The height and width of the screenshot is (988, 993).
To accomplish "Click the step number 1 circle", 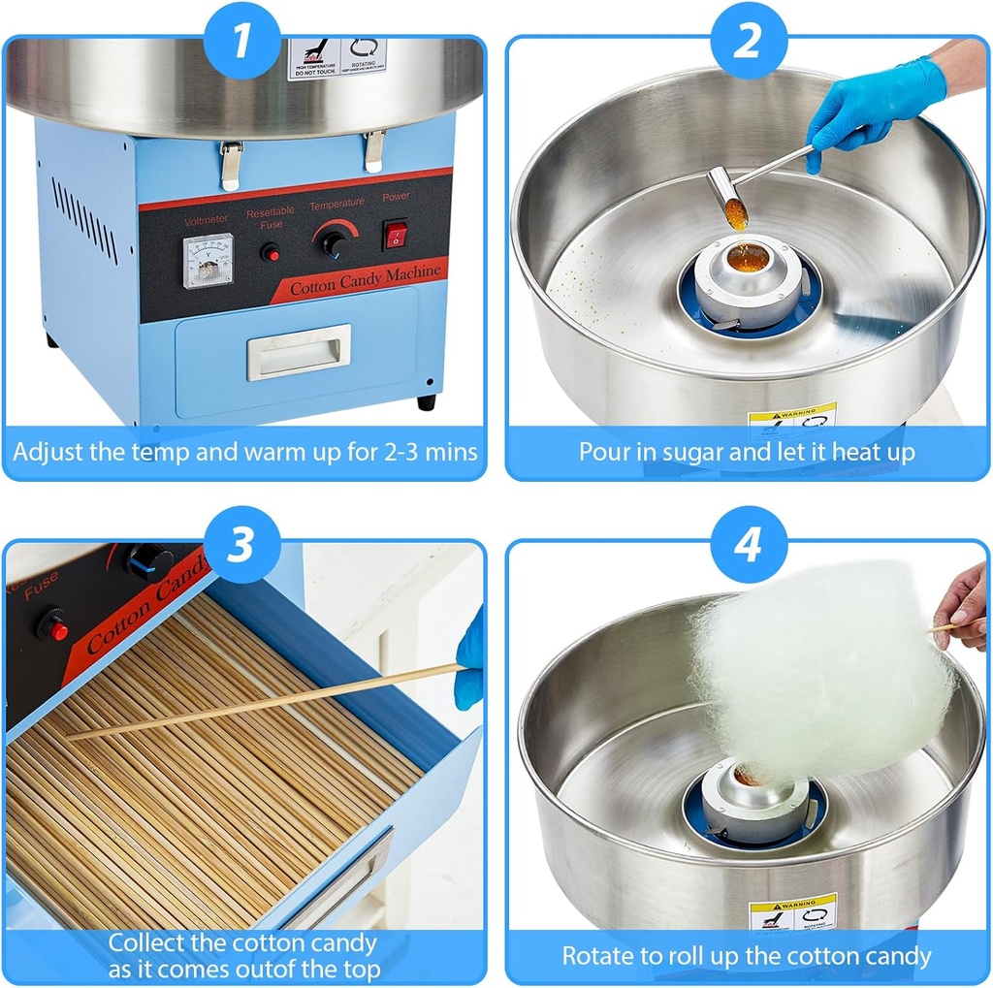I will [242, 42].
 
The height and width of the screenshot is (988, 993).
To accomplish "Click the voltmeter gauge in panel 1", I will [208, 260].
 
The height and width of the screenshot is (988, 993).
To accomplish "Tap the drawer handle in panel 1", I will [298, 352].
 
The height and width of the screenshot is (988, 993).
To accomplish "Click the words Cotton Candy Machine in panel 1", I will [366, 278].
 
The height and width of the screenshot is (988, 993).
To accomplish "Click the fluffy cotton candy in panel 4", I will [819, 674].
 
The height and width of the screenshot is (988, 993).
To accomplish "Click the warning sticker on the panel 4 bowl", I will [792, 911].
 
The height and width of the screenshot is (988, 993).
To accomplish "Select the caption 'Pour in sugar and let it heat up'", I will [747, 452].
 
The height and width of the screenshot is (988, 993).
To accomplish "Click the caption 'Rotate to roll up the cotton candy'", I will [747, 956].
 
